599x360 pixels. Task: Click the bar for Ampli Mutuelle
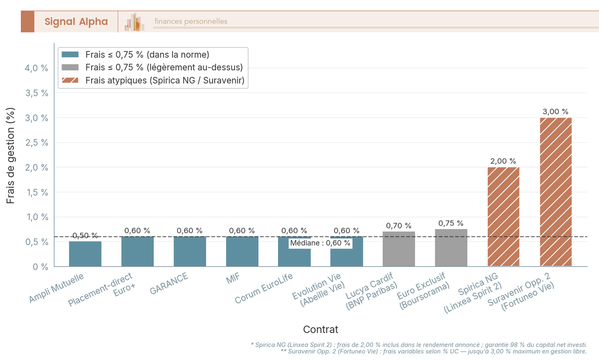click(x=85, y=254)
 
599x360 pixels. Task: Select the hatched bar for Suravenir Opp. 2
click(x=556, y=192)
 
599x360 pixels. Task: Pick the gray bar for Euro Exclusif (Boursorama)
click(x=451, y=248)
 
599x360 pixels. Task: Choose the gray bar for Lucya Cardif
click(x=399, y=249)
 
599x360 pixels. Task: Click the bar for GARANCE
click(x=190, y=252)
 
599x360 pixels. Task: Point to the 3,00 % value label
click(x=556, y=112)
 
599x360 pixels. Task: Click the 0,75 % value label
click(x=451, y=223)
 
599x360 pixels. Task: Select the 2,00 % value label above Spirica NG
click(x=503, y=161)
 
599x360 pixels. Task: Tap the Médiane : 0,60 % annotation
click(x=320, y=243)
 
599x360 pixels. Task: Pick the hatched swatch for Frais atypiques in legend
click(x=70, y=80)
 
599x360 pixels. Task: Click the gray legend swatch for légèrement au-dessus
click(x=70, y=67)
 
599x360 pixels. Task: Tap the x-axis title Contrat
click(x=320, y=330)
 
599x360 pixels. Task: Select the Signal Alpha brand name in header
click(x=76, y=21)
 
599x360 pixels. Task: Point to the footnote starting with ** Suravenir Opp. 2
click(x=433, y=352)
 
